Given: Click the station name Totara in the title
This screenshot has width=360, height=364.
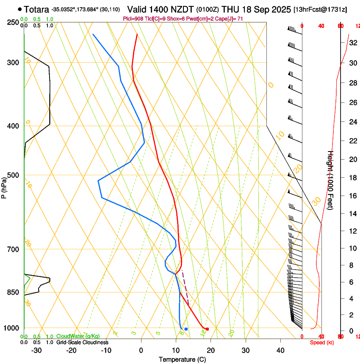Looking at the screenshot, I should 37,9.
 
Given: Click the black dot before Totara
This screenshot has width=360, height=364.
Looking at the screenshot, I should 19,9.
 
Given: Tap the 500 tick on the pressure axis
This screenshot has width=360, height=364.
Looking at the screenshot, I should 13,175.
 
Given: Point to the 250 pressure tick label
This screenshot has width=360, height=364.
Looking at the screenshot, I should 13,22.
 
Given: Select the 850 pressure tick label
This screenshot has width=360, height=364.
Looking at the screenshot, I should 13,292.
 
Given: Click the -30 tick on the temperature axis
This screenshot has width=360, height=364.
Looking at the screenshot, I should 36,350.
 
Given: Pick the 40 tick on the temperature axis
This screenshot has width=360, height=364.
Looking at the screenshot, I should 280,350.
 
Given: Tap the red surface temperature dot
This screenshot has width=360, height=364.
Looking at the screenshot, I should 207,329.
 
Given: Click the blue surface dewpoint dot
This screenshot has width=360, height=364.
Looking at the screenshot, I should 186,329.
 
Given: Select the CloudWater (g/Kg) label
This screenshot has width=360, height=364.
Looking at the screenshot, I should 78,337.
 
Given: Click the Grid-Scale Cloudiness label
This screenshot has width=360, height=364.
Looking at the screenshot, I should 82,342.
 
